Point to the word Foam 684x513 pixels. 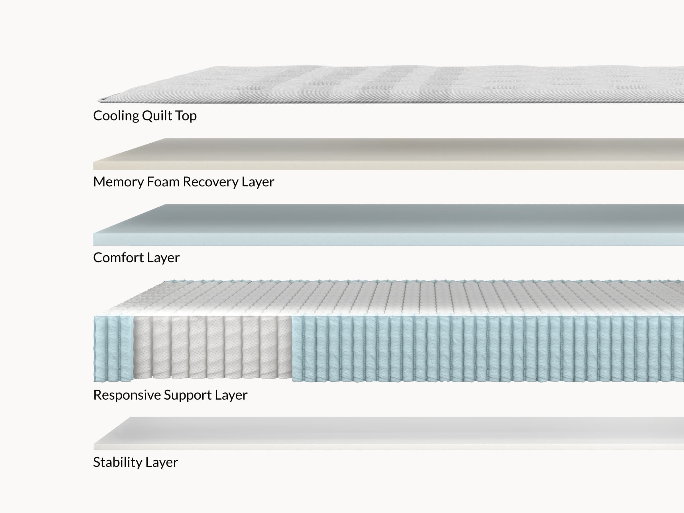tap(163, 182)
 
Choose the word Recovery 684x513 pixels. tap(211, 182)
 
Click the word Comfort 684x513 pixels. tap(118, 258)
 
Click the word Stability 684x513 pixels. tap(117, 463)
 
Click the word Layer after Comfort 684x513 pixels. tap(163, 258)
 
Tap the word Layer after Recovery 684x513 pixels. tap(258, 182)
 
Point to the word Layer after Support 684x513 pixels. tap(231, 395)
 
